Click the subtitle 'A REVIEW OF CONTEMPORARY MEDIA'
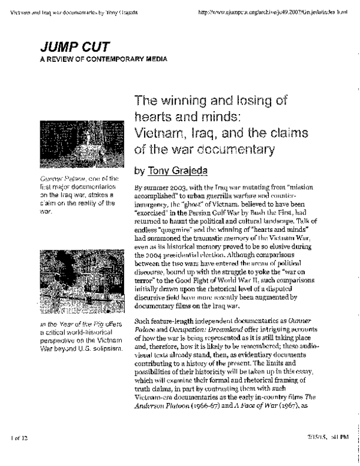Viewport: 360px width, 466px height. pyautogui.click(x=100, y=59)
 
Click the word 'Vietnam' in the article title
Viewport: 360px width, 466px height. pyautogui.click(x=159, y=130)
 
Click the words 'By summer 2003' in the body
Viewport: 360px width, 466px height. pyautogui.click(x=156, y=188)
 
